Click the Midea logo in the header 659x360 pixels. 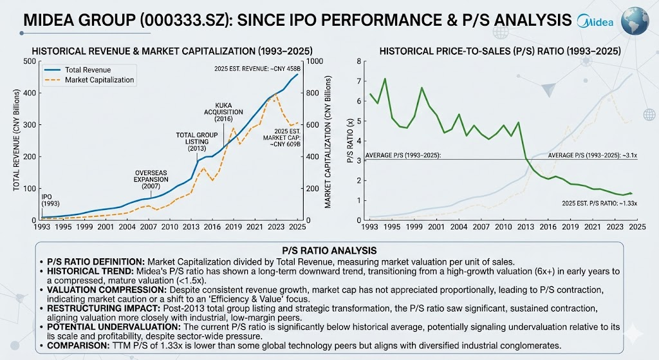(x=595, y=21)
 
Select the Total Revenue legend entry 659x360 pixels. (x=78, y=70)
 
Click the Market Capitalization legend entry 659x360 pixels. (x=89, y=80)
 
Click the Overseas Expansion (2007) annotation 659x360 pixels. (x=151, y=179)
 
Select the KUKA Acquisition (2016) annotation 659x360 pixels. (x=223, y=112)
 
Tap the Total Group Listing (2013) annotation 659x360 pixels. (x=197, y=142)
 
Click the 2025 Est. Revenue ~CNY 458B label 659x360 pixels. (x=257, y=68)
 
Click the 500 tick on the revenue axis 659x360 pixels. (x=30, y=61)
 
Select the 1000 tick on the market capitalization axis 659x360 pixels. (x=315, y=61)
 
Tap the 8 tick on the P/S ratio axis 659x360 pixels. (x=358, y=61)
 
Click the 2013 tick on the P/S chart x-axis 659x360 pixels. (x=526, y=227)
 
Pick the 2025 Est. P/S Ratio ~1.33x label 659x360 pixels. (x=599, y=204)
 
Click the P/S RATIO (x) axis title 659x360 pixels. (x=349, y=141)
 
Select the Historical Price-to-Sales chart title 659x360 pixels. (x=500, y=52)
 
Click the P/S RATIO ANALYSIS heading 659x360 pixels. (x=329, y=251)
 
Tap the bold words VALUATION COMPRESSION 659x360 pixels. (x=106, y=290)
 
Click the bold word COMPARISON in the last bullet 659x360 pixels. (x=78, y=346)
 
